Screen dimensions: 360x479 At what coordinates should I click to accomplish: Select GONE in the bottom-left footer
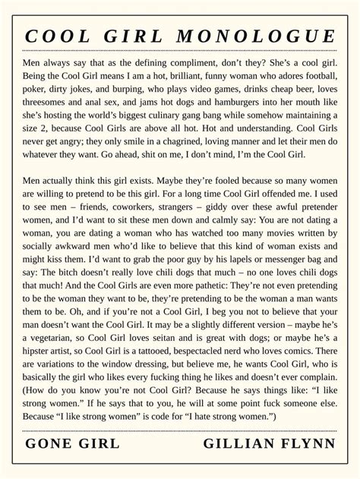click(x=51, y=443)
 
